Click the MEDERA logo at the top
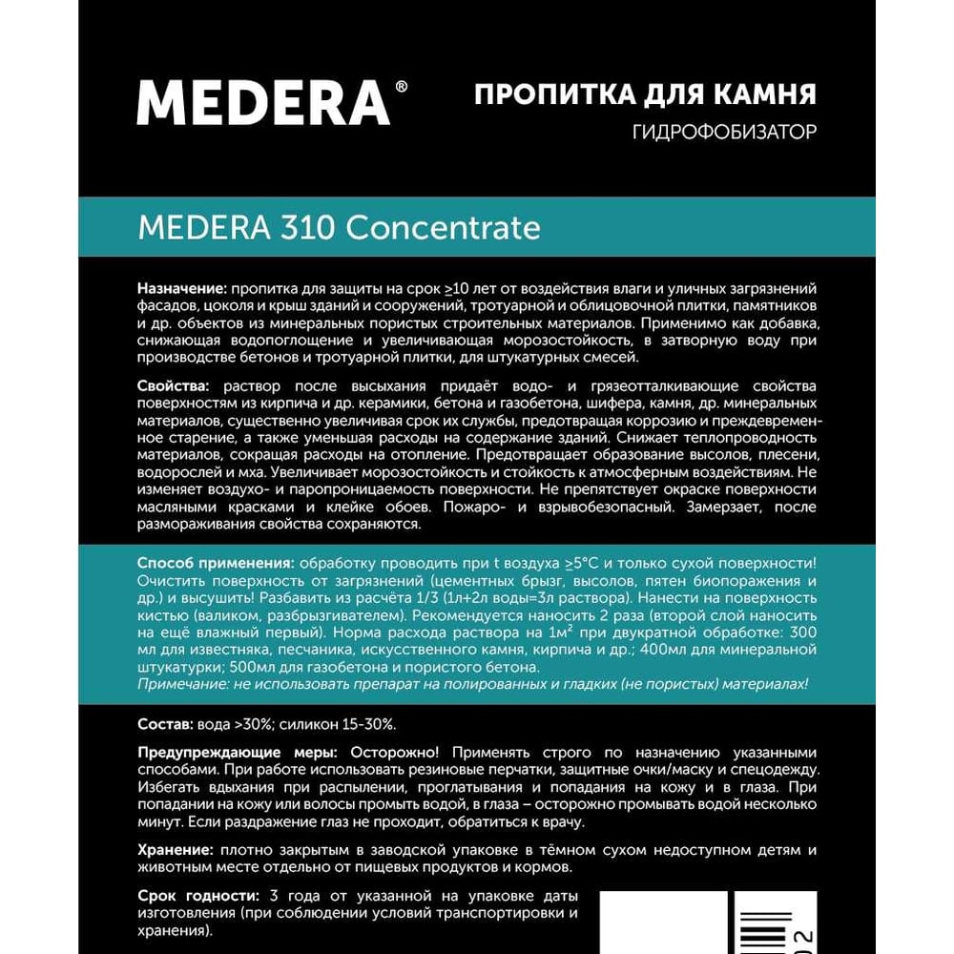pos(263,102)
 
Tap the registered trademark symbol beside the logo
pos(401,87)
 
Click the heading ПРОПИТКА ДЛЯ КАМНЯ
pos(645,95)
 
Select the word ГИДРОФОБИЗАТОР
pos(725,132)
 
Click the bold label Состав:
pos(165,723)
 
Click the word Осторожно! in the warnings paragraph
pos(395,753)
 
